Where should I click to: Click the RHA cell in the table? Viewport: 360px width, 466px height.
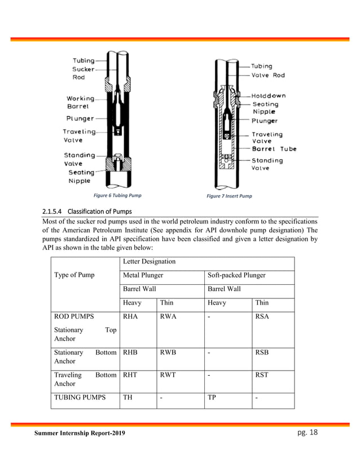[x=130, y=316]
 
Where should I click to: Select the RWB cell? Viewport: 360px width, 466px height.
[x=168, y=352]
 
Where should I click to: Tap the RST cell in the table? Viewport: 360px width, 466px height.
[x=262, y=375]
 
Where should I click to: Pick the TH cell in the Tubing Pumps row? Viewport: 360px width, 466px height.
[x=128, y=397]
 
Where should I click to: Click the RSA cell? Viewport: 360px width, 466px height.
[x=262, y=316]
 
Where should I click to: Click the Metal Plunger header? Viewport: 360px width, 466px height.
[x=143, y=275]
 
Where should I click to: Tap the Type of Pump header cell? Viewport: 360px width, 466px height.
[x=74, y=275]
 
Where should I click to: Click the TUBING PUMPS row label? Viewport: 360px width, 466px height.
[x=80, y=397]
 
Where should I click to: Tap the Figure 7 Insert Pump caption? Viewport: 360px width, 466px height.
[x=229, y=196]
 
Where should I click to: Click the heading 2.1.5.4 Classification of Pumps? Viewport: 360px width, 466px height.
[x=87, y=212]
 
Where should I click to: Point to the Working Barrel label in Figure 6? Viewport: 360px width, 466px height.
[x=81, y=102]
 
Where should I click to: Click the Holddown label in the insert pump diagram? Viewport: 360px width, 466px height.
[x=269, y=96]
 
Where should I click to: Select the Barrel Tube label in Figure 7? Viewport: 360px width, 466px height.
[x=274, y=149]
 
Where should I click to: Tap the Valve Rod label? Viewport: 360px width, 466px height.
[x=268, y=75]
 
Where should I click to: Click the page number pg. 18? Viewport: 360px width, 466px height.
[x=309, y=432]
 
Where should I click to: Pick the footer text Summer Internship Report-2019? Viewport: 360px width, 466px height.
[x=80, y=433]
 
